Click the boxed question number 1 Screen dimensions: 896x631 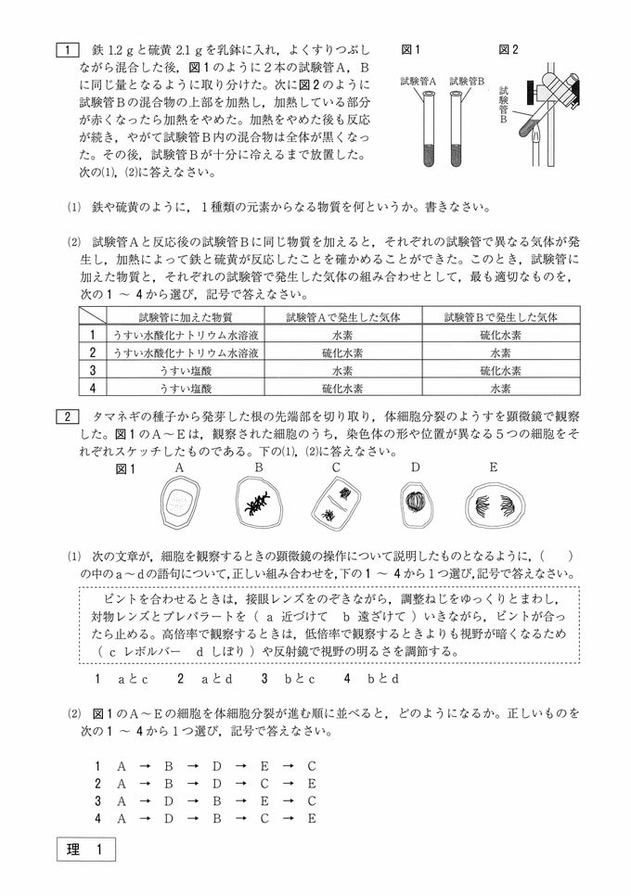tap(68, 47)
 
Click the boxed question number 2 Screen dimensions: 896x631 tap(68, 417)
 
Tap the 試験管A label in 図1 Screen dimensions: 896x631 tap(419, 82)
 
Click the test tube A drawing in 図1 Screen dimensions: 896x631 tap(423, 129)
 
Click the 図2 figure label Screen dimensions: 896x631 tap(509, 47)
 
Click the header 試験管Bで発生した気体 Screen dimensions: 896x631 tap(500, 316)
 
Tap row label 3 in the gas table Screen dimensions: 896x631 tap(92, 370)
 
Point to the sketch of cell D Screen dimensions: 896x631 tap(415, 504)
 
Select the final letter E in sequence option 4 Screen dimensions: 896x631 tap(312, 818)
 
